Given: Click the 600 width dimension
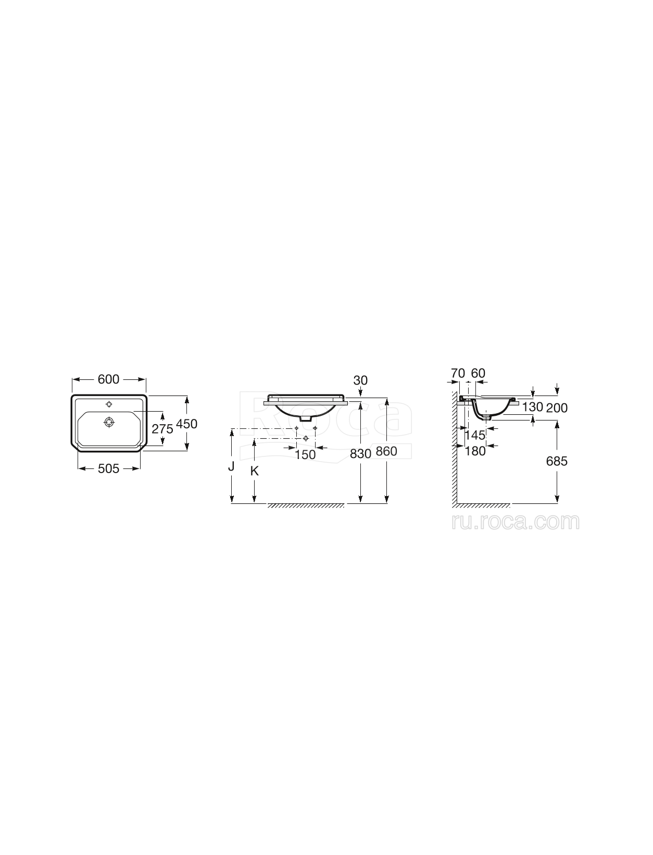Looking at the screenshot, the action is tap(109, 379).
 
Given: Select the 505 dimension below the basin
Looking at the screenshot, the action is tap(109, 468).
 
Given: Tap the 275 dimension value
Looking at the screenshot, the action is tap(162, 429).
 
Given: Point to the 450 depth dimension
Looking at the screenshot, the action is tap(187, 424).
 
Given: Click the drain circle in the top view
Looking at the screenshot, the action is tap(109, 422).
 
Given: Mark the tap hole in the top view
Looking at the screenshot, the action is tap(109, 404).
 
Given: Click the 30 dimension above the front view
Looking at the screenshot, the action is tap(360, 380).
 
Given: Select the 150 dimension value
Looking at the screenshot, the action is tap(305, 454).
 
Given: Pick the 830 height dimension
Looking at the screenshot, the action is tap(360, 453).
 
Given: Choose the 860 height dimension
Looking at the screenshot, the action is tap(386, 451).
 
